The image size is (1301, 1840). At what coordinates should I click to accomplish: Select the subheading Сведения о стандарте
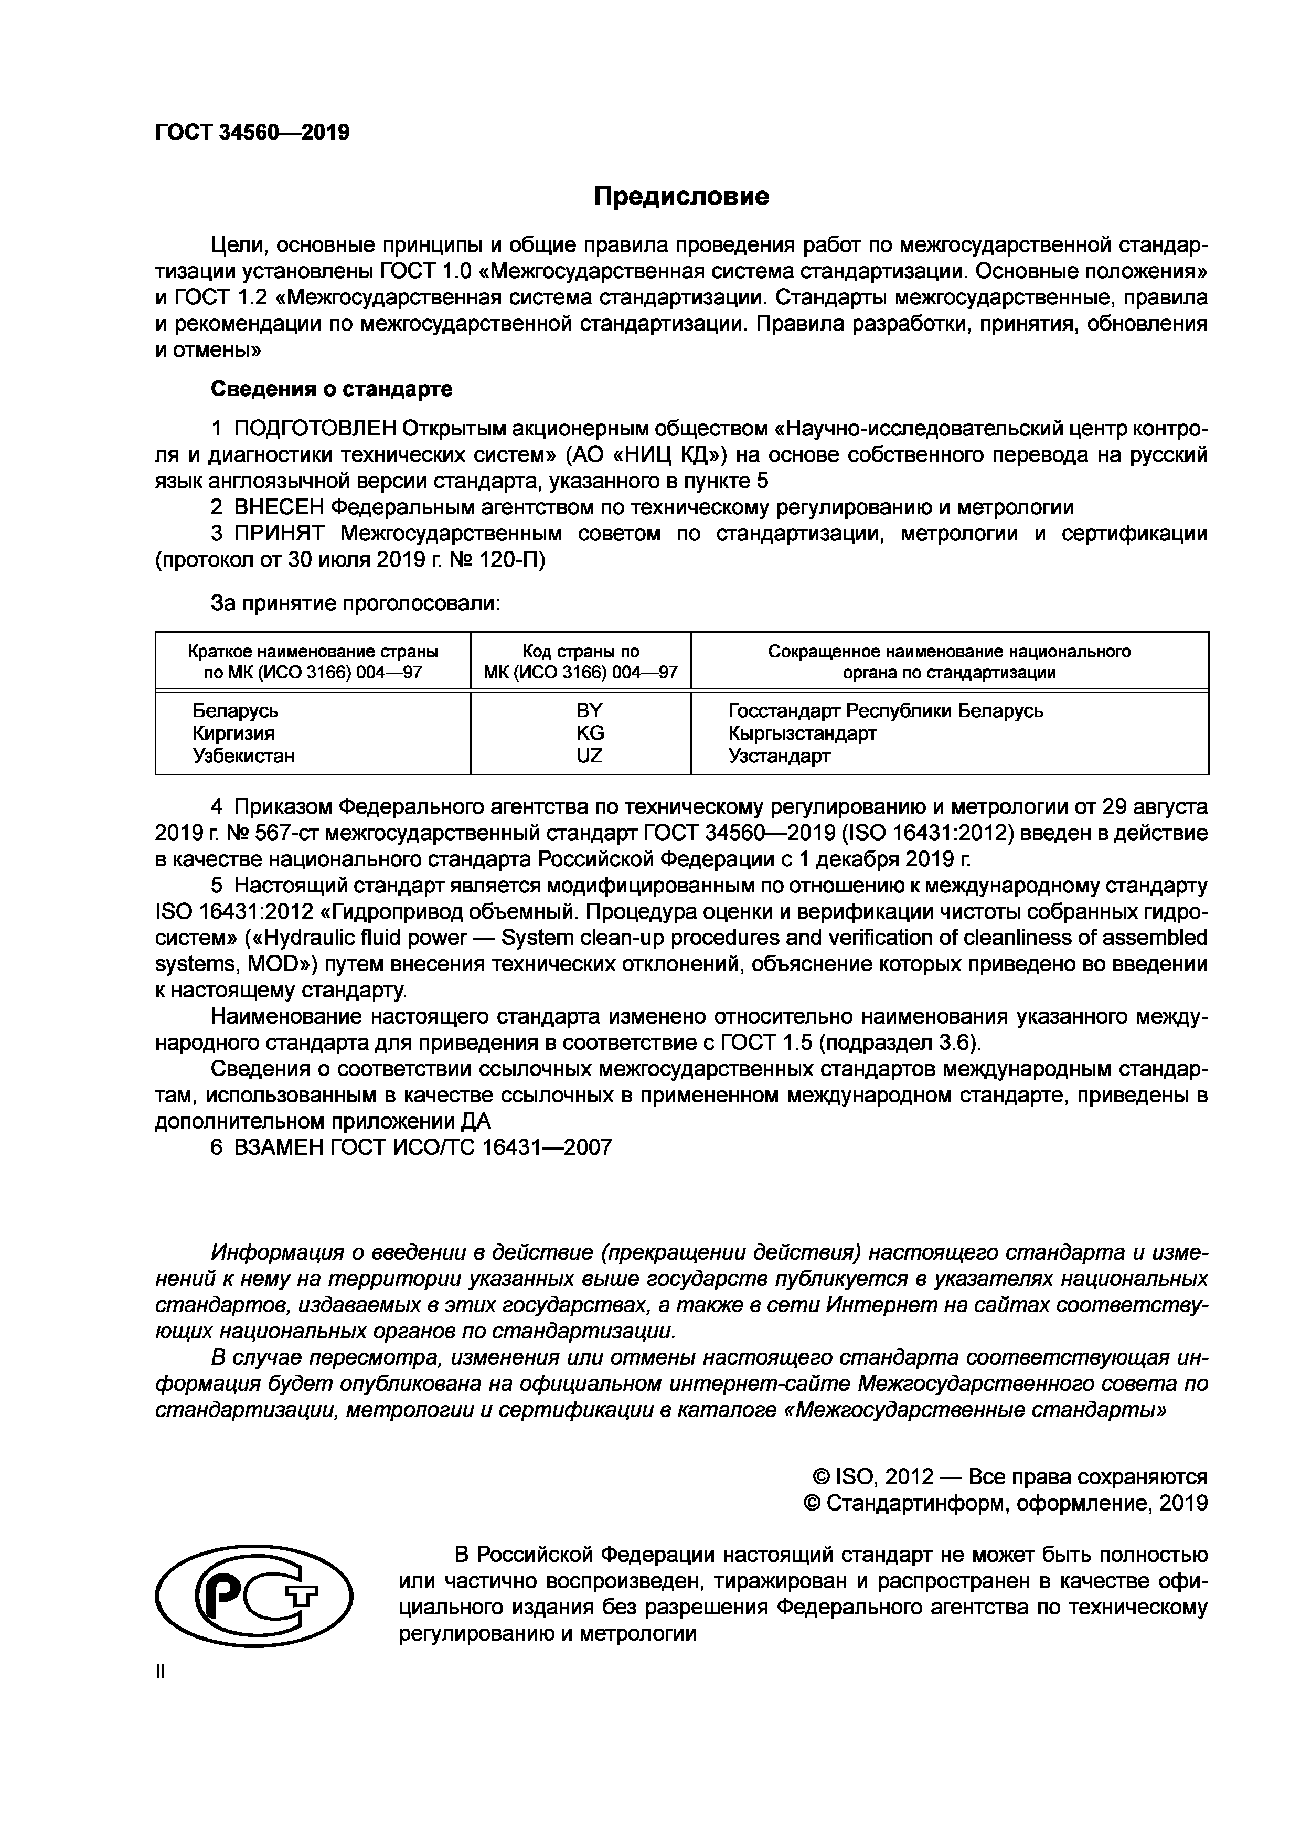tap(331, 389)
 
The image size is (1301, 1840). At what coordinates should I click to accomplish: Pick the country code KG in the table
tap(590, 733)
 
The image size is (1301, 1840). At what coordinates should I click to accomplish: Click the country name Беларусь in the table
tap(236, 711)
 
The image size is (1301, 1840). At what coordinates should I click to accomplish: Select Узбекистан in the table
tap(243, 756)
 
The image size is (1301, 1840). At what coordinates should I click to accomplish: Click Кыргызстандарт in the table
tap(802, 733)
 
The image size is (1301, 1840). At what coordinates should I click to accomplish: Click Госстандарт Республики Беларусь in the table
tap(885, 711)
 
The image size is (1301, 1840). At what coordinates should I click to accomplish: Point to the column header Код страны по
tap(581, 652)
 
